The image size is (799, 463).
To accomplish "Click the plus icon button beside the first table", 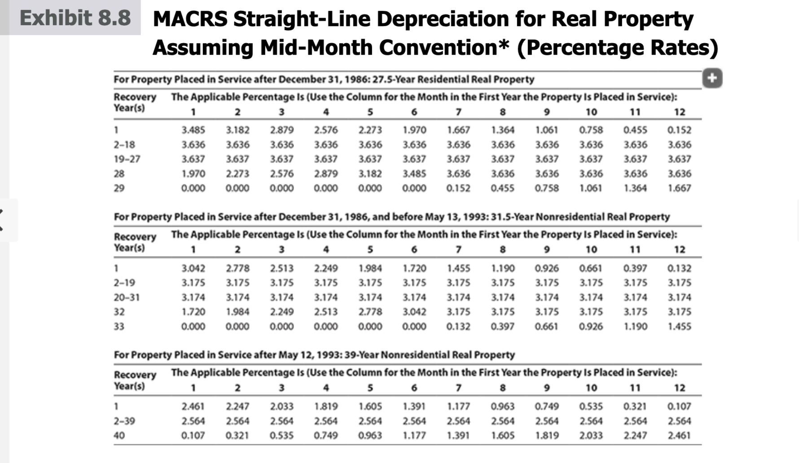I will (712, 78).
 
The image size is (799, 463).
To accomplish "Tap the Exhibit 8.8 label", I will (75, 18).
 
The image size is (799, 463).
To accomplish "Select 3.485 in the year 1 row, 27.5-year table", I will (193, 130).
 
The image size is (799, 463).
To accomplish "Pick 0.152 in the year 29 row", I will (458, 188).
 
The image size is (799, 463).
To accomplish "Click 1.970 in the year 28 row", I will (193, 174).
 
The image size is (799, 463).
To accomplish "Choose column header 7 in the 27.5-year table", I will (458, 112).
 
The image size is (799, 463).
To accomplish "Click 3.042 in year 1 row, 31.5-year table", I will (193, 268).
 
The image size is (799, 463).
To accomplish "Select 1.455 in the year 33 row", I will (679, 327).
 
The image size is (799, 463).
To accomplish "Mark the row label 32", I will (119, 312).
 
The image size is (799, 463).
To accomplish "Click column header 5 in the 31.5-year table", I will (370, 249).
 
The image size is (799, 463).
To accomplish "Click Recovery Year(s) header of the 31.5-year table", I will (135, 242).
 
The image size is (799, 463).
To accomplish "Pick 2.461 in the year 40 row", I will (679, 435).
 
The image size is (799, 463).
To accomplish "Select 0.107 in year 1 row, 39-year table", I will (679, 406).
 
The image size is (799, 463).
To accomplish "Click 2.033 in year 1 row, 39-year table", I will (281, 406).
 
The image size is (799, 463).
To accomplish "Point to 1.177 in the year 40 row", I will (414, 435).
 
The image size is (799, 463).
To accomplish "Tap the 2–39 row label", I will (124, 421).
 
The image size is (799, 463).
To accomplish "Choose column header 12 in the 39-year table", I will (679, 388).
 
